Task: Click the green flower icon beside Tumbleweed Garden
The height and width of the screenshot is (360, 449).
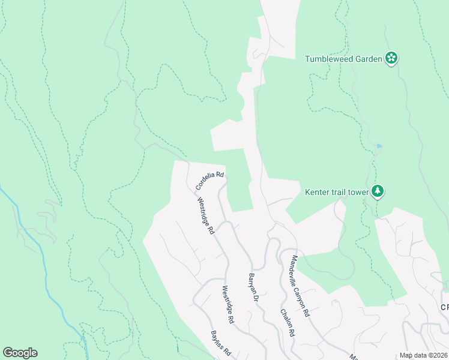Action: [x=391, y=58]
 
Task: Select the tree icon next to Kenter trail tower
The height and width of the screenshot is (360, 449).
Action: [x=378, y=191]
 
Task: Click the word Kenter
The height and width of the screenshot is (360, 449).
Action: [x=318, y=192]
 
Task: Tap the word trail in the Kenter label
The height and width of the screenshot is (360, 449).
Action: [x=339, y=192]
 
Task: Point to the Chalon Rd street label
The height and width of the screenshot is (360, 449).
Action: [x=287, y=322]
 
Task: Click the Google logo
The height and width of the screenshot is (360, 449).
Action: [x=20, y=353]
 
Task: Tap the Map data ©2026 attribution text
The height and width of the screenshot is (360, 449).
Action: [x=423, y=355]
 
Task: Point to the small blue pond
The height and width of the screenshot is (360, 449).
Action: [x=378, y=146]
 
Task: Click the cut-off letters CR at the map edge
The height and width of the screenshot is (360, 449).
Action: [x=444, y=307]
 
